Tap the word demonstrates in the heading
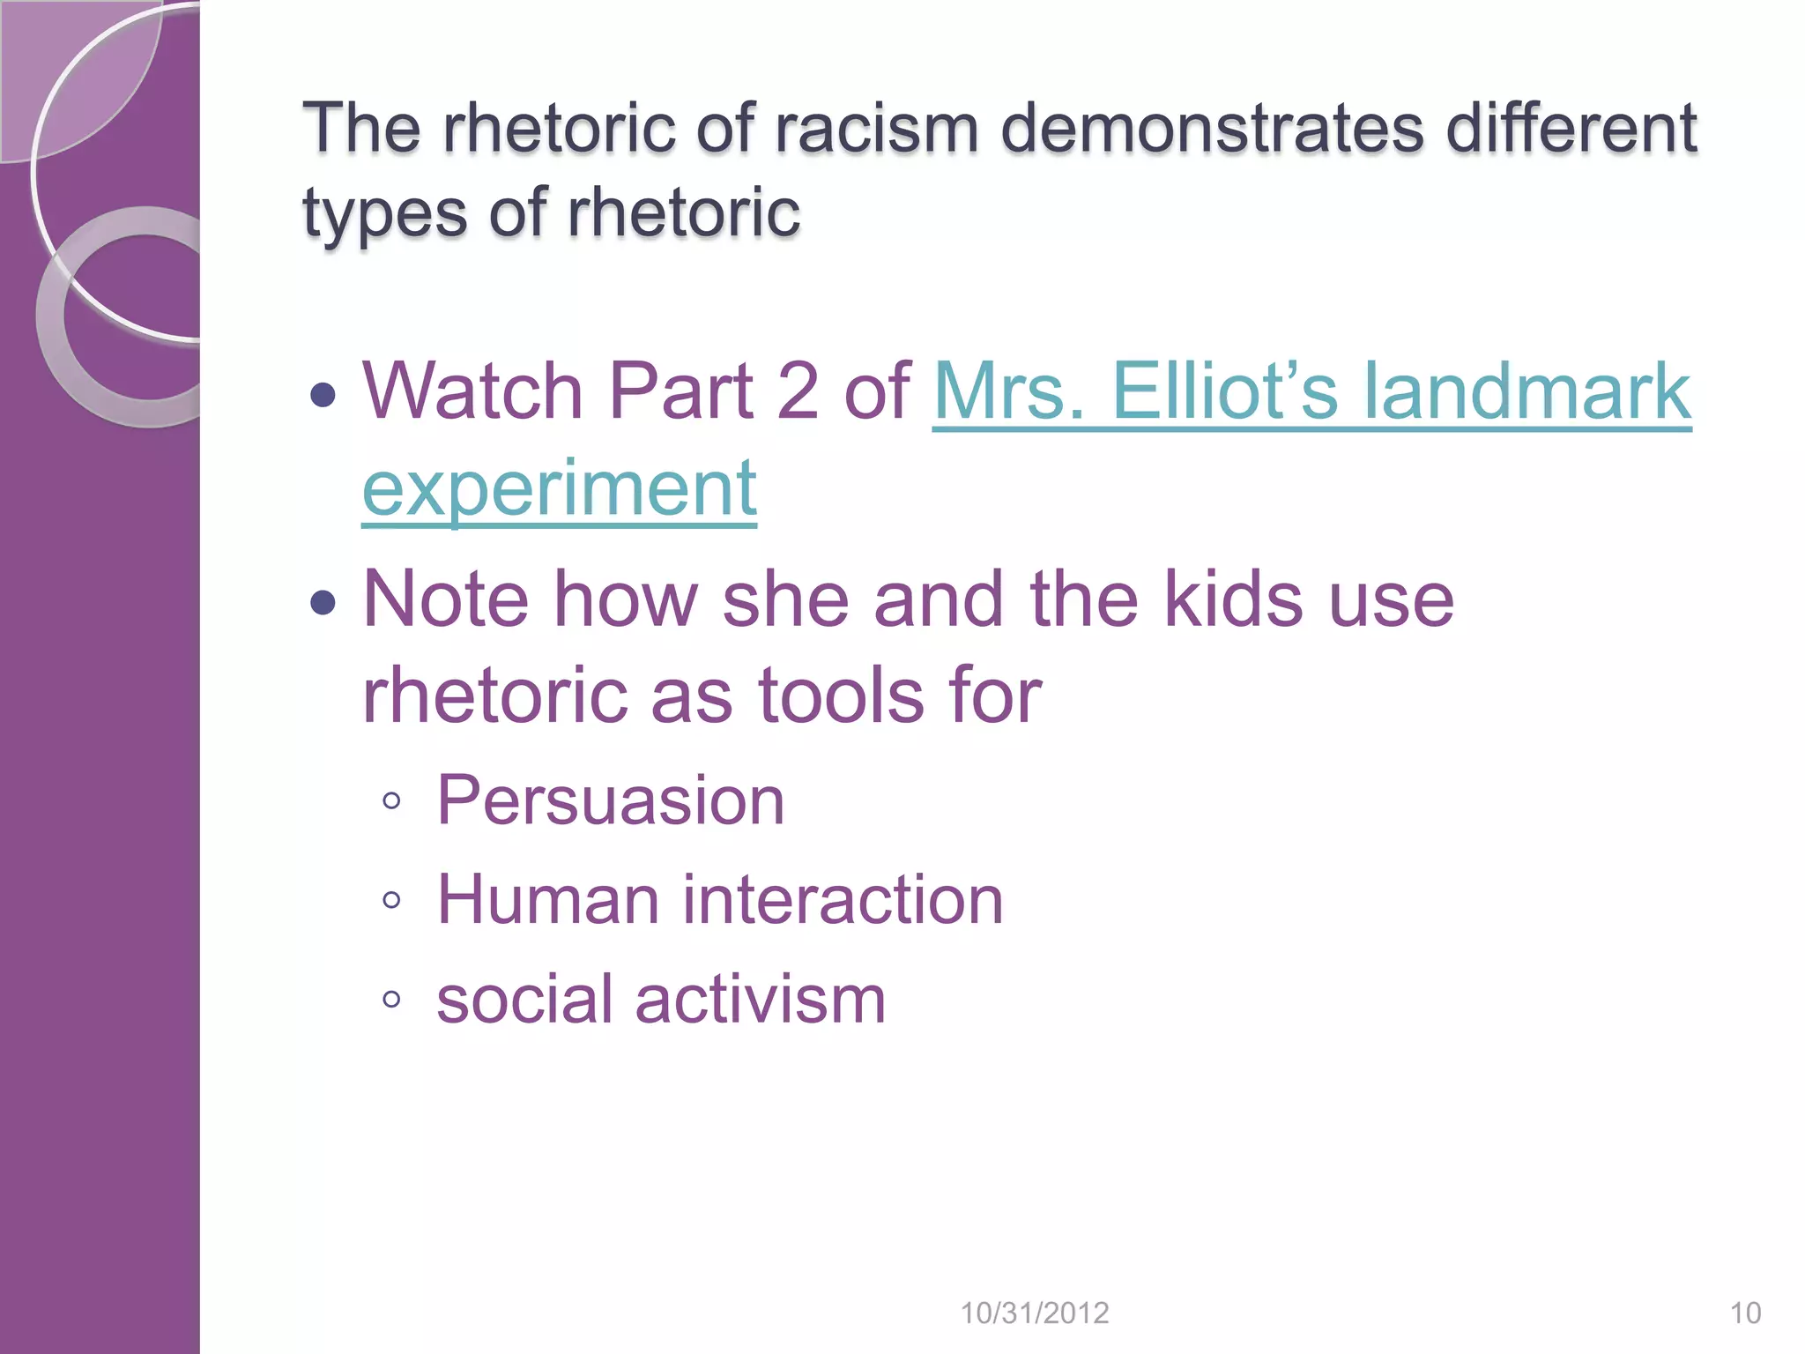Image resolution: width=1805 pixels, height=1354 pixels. coord(1213,129)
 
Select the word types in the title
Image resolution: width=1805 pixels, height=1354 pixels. coord(384,214)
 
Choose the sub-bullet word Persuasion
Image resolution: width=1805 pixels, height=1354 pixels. coord(610,800)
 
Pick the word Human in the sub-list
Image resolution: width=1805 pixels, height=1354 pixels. coord(547,900)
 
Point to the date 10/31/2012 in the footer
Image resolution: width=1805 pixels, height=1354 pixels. coord(1034,1313)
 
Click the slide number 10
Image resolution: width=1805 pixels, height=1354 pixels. coord(1745,1313)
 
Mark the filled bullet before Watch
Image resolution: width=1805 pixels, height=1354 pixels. coord(323,394)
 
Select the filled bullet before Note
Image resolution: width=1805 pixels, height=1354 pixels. coord(323,603)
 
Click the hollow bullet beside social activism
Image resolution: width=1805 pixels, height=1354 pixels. coord(392,1000)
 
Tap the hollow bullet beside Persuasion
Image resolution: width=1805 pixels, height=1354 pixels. coord(392,801)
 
